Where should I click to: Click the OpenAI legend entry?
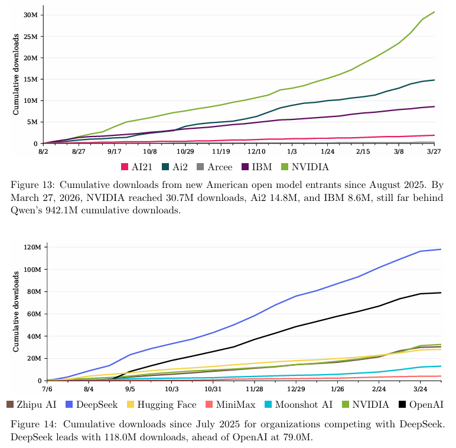tap(421, 404)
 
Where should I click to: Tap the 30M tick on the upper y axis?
tap(31, 15)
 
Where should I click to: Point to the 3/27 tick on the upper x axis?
tap(435, 152)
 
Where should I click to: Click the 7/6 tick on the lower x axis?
tap(47, 389)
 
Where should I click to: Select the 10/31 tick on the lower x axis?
tap(213, 389)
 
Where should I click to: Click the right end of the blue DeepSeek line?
tap(441, 249)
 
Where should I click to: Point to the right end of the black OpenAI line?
tap(441, 293)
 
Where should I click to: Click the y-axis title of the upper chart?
tap(16, 74)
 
